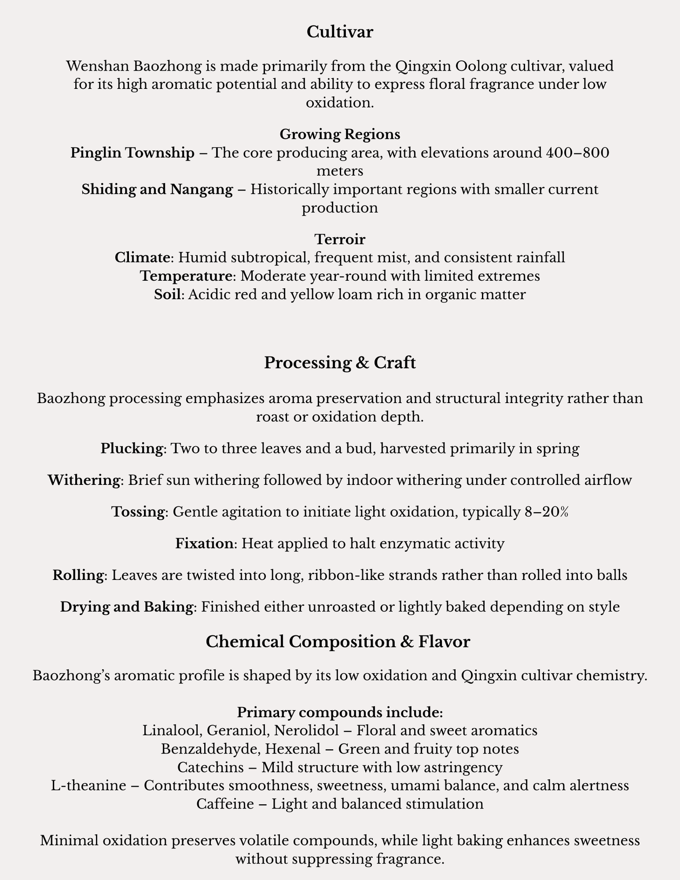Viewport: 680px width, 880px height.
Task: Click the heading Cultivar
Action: (x=340, y=32)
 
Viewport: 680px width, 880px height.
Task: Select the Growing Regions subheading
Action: (x=340, y=135)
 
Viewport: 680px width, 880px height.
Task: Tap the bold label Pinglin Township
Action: (x=132, y=153)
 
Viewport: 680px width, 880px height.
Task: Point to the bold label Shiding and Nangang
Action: (x=157, y=190)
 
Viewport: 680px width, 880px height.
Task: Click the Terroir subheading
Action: (x=340, y=239)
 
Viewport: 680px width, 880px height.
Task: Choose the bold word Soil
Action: (x=168, y=294)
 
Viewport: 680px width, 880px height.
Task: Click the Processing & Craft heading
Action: (x=340, y=363)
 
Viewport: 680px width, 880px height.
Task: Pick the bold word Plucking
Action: (x=131, y=448)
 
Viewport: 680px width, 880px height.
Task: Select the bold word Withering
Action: (x=84, y=480)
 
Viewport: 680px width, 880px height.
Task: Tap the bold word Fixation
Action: (x=204, y=544)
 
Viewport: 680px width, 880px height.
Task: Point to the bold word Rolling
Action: (x=78, y=575)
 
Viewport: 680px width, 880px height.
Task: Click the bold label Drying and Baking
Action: (x=127, y=607)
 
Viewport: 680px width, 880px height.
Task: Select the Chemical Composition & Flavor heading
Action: (x=338, y=642)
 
